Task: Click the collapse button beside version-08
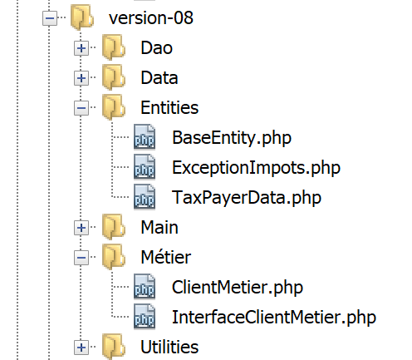click(50, 18)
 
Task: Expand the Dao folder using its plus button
click(81, 48)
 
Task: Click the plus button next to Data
click(81, 78)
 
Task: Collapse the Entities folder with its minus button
click(81, 108)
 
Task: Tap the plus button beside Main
click(81, 228)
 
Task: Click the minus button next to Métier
click(81, 258)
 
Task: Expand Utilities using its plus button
click(81, 348)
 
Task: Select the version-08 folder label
click(151, 18)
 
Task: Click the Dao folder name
click(156, 48)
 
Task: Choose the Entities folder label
click(169, 108)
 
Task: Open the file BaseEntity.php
click(232, 138)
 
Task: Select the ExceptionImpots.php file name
click(256, 168)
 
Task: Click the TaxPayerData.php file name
click(247, 198)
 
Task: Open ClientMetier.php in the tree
click(238, 288)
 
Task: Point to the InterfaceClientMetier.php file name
click(274, 318)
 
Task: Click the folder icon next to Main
click(114, 227)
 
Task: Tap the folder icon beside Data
click(114, 77)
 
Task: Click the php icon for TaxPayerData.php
click(145, 197)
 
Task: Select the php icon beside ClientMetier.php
click(145, 287)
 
